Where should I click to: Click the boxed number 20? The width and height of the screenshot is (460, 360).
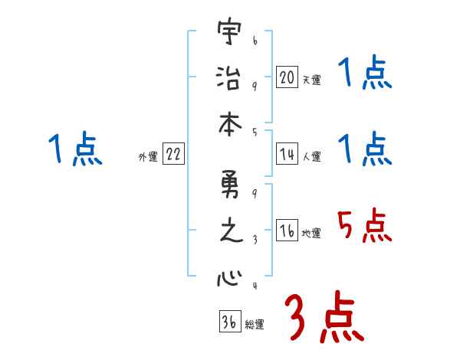click(287, 77)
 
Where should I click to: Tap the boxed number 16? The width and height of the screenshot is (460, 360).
click(287, 231)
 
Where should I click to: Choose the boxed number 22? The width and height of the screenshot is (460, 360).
click(172, 155)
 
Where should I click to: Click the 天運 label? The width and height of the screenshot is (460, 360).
click(311, 80)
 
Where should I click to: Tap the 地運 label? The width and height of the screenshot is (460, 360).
click(311, 233)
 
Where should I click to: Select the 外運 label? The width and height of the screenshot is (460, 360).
click(147, 157)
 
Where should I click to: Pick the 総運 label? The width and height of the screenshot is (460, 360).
click(254, 324)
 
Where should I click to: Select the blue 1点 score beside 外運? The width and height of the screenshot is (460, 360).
click(74, 149)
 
